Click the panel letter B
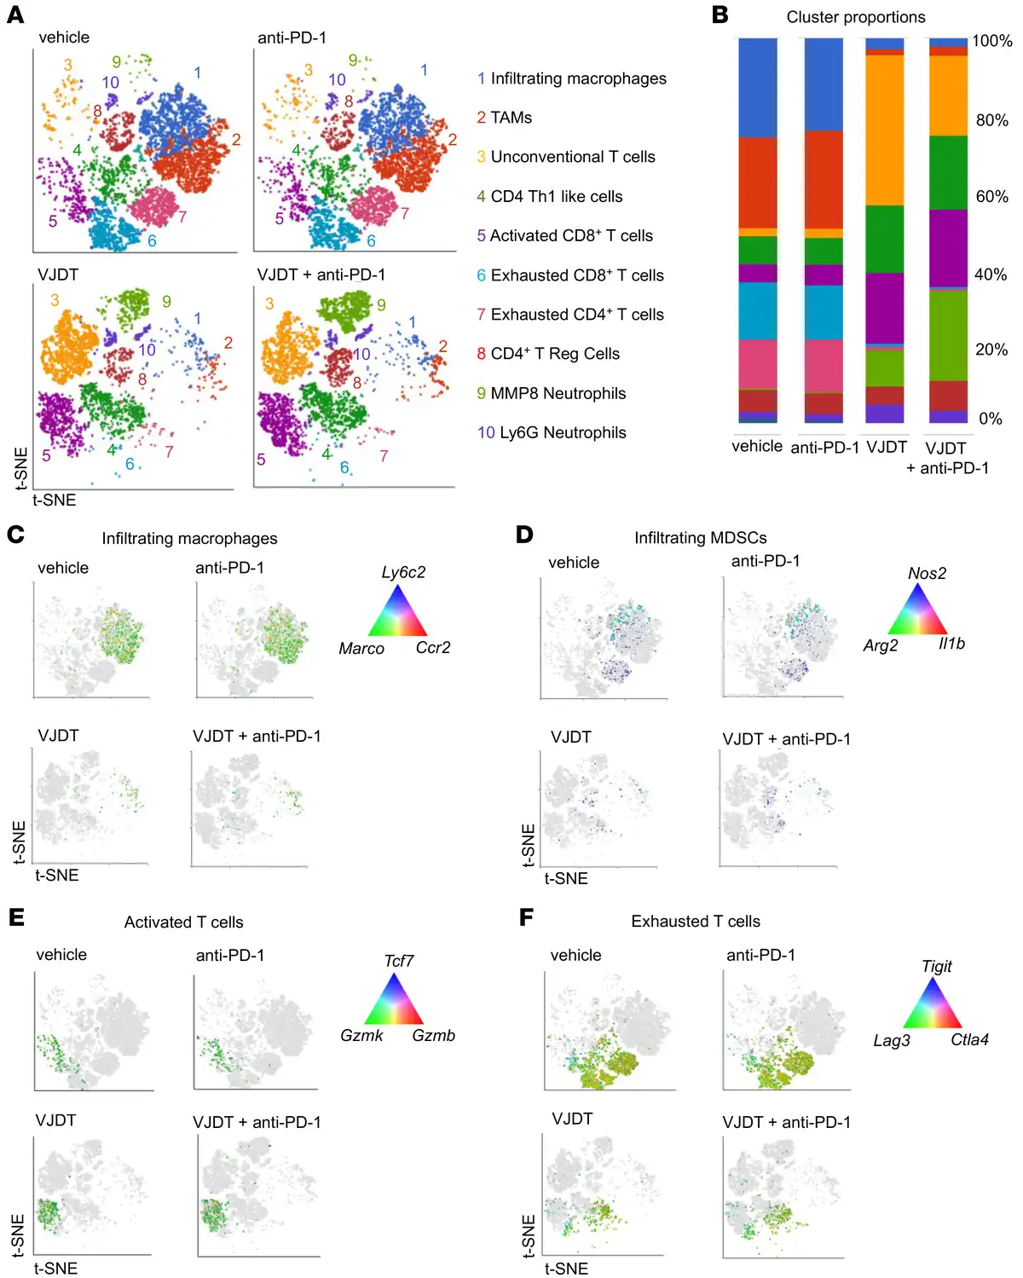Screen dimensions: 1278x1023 pyautogui.click(x=720, y=14)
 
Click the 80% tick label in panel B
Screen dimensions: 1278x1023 pyautogui.click(x=991, y=120)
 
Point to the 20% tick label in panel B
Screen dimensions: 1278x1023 pyautogui.click(x=991, y=350)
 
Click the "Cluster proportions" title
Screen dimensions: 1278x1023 pyautogui.click(x=855, y=17)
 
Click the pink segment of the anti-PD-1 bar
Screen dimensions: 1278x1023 pyautogui.click(x=824, y=366)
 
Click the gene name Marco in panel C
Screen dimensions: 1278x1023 pyautogui.click(x=361, y=649)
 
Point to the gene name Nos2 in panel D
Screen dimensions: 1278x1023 pyautogui.click(x=927, y=574)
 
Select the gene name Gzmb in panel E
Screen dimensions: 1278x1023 pyautogui.click(x=433, y=1036)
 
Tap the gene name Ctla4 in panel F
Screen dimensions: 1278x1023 pyautogui.click(x=969, y=1040)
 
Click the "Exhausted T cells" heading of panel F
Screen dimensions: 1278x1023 pyautogui.click(x=696, y=922)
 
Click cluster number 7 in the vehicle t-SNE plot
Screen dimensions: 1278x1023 pyautogui.click(x=182, y=217)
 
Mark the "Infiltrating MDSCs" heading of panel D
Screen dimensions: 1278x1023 pyautogui.click(x=700, y=538)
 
